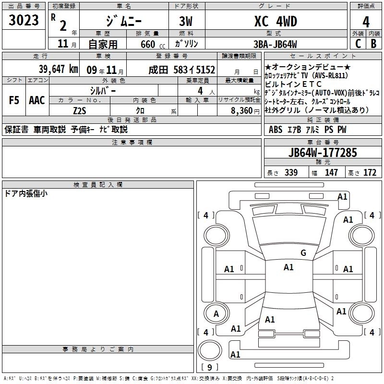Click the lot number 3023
(x=24, y=21)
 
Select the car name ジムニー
(x=123, y=21)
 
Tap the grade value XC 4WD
(x=275, y=21)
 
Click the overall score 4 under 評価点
(x=366, y=22)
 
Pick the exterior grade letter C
(x=358, y=43)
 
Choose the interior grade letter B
(x=373, y=43)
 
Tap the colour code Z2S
(x=80, y=110)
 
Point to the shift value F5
(x=14, y=100)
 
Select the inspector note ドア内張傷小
(x=26, y=193)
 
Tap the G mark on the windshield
(x=303, y=252)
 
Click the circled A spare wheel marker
(x=216, y=313)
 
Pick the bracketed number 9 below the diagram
(x=209, y=368)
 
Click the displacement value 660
(x=148, y=44)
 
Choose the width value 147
(x=332, y=172)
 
